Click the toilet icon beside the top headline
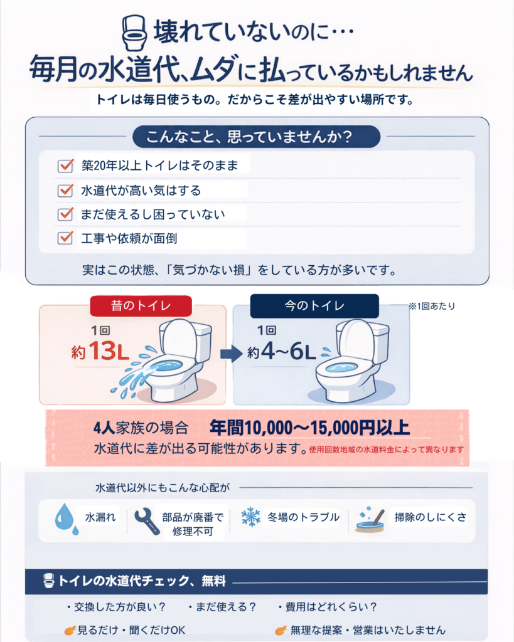tap(133, 33)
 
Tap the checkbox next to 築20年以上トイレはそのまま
tap(66, 166)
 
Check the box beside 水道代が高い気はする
tap(66, 191)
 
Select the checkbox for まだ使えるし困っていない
tap(66, 214)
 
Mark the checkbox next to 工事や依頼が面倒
tap(66, 238)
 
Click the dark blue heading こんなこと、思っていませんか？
tap(256, 136)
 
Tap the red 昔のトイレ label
tap(140, 307)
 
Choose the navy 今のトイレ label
tap(314, 307)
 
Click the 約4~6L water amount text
tap(281, 352)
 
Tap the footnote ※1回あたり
tap(431, 307)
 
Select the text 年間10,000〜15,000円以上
tap(309, 428)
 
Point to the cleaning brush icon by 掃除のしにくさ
tap(370, 520)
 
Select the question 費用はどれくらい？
tap(327, 607)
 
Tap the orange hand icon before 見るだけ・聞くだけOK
tap(70, 629)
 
